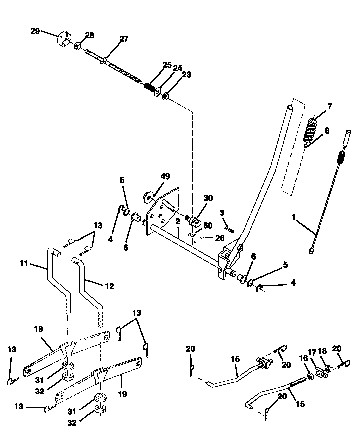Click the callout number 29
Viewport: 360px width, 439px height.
click(35, 31)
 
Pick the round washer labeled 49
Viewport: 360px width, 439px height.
click(149, 195)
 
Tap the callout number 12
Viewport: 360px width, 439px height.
click(109, 286)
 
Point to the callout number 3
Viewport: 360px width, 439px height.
click(222, 212)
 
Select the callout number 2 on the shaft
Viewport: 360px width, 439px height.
click(177, 221)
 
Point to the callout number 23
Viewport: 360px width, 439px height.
click(186, 75)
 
